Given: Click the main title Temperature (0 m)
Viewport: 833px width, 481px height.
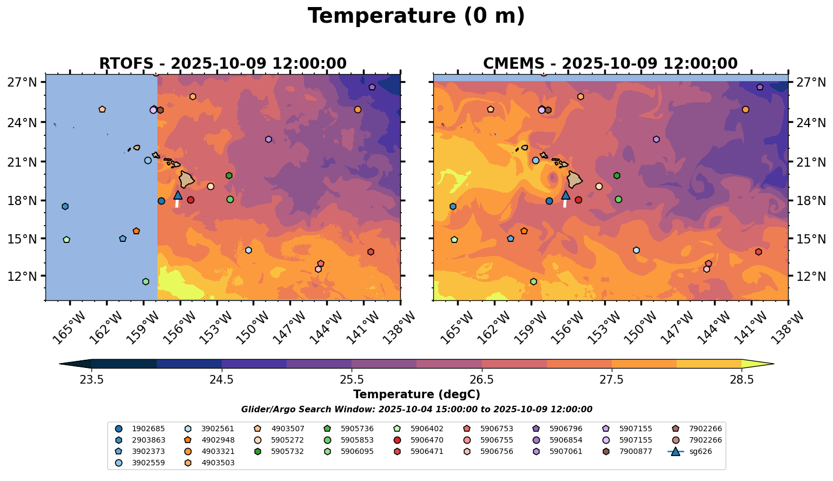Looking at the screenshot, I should pyautogui.click(x=416, y=16).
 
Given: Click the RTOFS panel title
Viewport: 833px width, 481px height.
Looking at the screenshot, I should pyautogui.click(x=222, y=64).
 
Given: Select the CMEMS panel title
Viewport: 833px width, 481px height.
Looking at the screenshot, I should pyautogui.click(x=610, y=64).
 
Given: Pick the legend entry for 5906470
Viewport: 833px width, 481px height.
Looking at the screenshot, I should pyautogui.click(x=427, y=440).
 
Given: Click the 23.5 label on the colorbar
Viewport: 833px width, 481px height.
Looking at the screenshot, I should pyautogui.click(x=92, y=379).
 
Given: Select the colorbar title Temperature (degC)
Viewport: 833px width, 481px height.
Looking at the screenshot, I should pyautogui.click(x=416, y=394).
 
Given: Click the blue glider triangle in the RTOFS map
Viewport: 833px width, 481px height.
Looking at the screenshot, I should pyautogui.click(x=178, y=195).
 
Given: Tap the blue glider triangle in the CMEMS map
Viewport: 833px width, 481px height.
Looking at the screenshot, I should pyautogui.click(x=566, y=195).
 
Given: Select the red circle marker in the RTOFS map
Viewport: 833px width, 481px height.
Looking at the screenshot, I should pyautogui.click(x=190, y=200).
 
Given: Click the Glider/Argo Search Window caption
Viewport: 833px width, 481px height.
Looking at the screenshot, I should pyautogui.click(x=416, y=410).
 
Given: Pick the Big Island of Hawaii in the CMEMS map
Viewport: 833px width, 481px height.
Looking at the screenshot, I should pyautogui.click(x=575, y=179).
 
